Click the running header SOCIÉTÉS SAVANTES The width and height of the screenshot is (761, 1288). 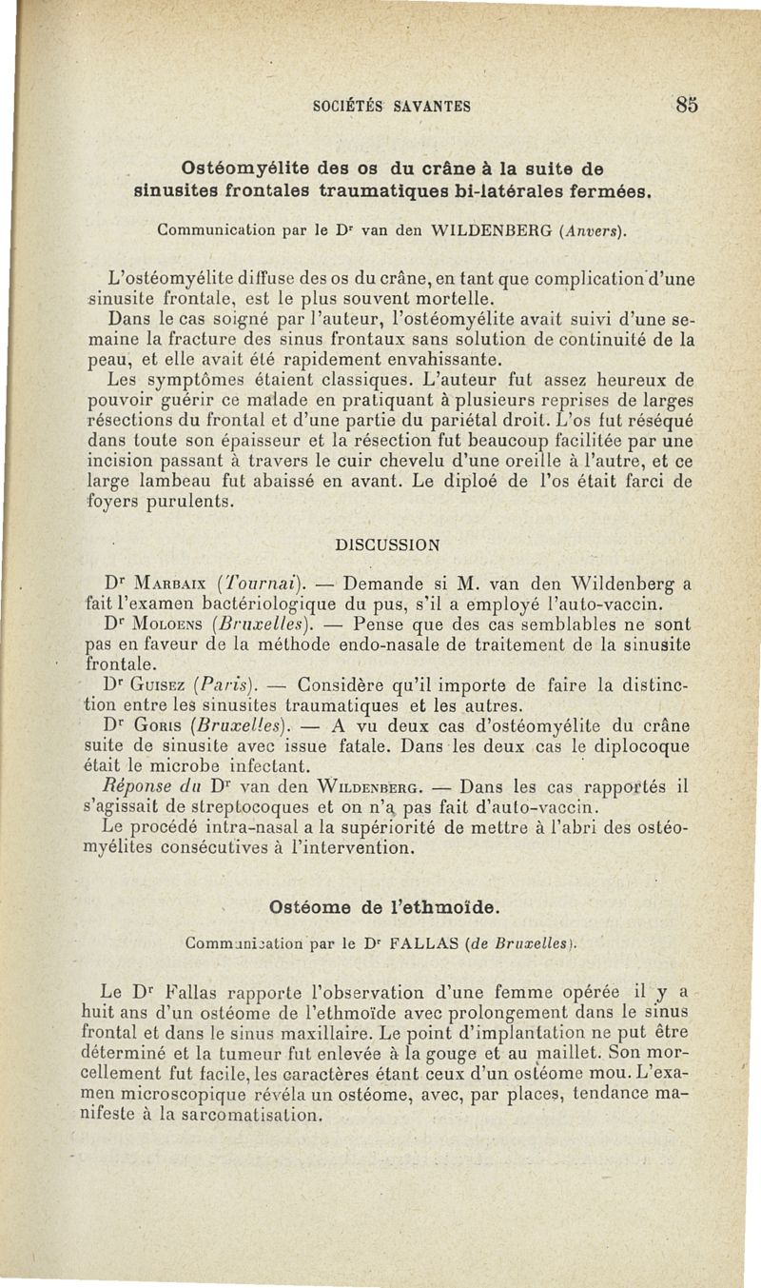coord(391,106)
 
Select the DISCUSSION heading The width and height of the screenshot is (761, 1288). coord(390,545)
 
